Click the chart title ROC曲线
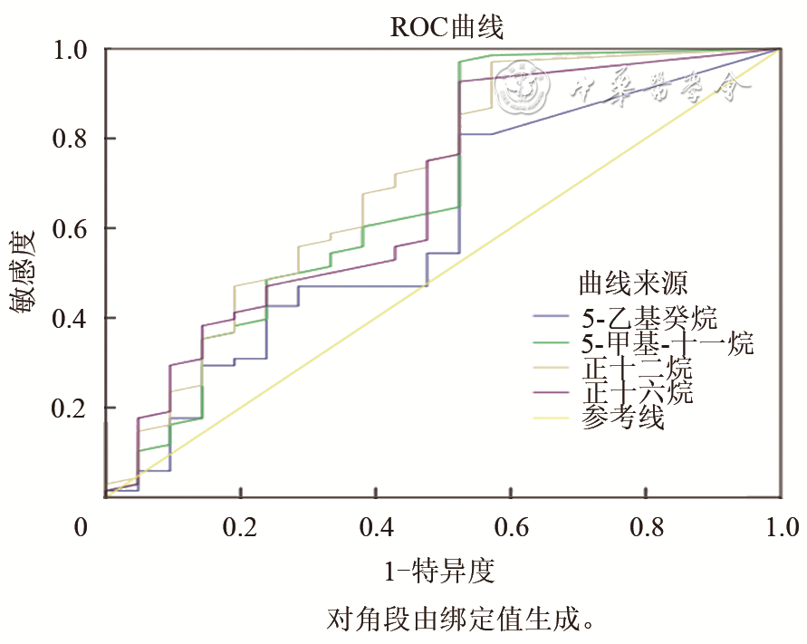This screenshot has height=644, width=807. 447,26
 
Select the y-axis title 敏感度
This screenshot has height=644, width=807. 24,271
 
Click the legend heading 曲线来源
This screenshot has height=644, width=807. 633,284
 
